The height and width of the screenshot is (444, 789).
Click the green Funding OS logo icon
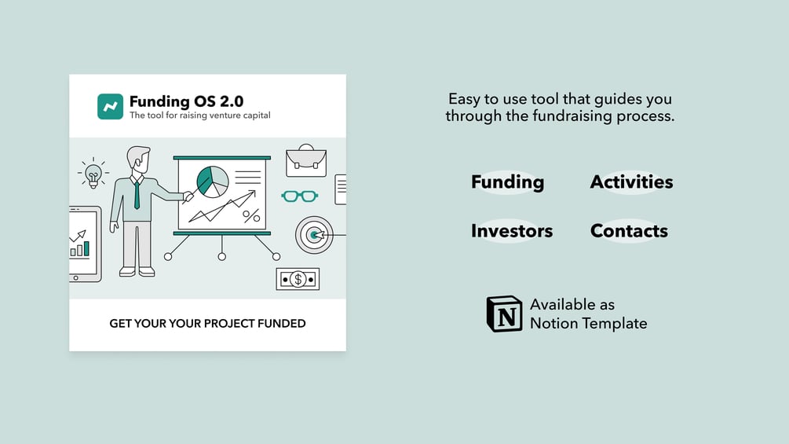[x=110, y=106]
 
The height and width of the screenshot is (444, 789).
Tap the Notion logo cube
[x=504, y=314]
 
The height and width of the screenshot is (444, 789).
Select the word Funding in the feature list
[x=507, y=182]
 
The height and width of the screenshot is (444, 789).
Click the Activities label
[x=631, y=182]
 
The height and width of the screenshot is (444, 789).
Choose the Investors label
[x=512, y=230]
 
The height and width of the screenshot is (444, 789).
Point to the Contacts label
[x=629, y=230]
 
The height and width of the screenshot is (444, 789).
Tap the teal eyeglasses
[x=299, y=196]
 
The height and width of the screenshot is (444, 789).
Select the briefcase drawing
[x=306, y=160]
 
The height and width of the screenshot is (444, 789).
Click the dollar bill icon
[x=298, y=279]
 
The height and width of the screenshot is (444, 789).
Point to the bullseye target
[x=314, y=235]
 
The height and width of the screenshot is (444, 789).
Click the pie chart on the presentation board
[x=212, y=182]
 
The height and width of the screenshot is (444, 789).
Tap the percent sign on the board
[x=251, y=216]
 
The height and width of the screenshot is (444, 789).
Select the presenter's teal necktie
[x=137, y=196]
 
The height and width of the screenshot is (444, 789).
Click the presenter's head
[x=138, y=160]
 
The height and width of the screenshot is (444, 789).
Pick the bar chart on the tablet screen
[x=80, y=248]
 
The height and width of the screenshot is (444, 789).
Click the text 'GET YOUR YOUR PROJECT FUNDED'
[x=207, y=323]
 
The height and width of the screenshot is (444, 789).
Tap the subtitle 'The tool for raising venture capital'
[x=199, y=116]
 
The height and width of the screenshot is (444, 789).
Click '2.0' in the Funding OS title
[x=232, y=101]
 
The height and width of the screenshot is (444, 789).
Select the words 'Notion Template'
[x=588, y=323]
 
